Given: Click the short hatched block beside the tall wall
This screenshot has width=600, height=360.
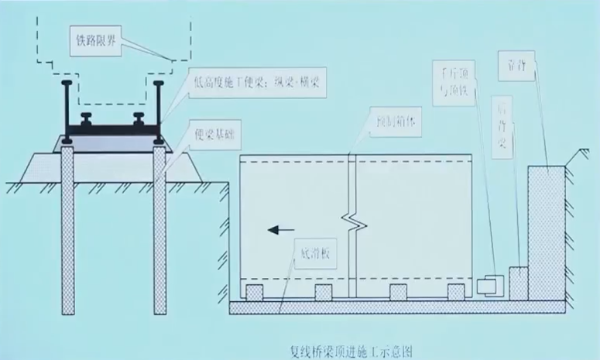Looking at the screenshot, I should click(518, 282).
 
